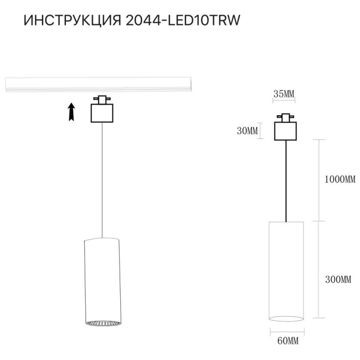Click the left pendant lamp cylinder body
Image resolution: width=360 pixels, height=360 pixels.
pos(102,277)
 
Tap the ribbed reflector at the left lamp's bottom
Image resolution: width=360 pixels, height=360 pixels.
pos(102,322)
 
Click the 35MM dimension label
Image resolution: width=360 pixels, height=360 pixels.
pos(284,94)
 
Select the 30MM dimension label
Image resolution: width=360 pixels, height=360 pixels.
pos(247,131)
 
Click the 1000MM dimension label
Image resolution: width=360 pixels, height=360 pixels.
pos(338,179)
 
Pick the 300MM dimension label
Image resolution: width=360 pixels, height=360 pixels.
pos(338,280)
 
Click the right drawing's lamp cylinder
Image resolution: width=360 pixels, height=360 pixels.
pos(286,270)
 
